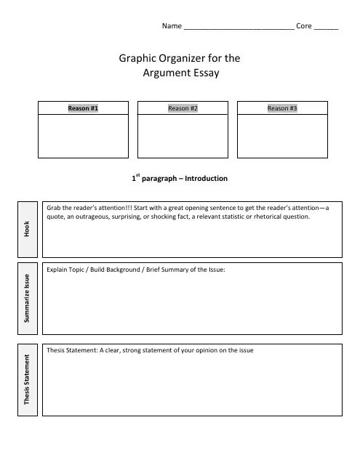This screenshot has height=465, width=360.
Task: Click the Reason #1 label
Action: tap(83, 108)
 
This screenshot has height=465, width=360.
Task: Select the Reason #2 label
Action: tap(183, 108)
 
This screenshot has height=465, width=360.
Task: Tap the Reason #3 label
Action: tap(282, 108)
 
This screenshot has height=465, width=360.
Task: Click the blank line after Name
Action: tap(239, 26)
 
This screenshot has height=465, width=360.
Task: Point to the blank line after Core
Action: tap(327, 26)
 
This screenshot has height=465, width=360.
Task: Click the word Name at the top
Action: tap(171, 25)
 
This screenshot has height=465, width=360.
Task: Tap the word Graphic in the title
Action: tap(137, 57)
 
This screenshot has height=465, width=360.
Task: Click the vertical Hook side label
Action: tap(27, 229)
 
